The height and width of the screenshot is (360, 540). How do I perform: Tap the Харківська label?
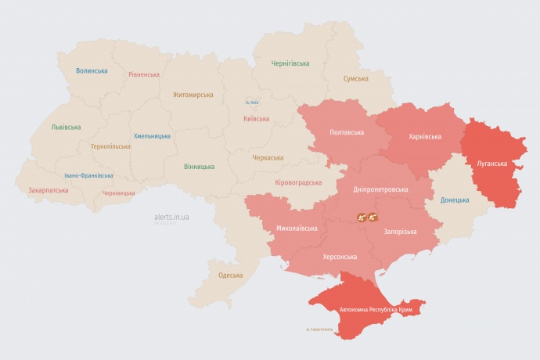click(425, 136)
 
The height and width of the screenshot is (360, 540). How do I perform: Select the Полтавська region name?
click(346, 132)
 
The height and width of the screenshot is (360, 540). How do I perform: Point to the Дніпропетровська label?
click(381, 189)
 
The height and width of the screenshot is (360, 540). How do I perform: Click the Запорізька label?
click(400, 232)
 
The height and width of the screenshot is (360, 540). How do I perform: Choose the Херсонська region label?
click(340, 257)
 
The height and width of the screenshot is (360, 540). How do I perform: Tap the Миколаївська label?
click(297, 229)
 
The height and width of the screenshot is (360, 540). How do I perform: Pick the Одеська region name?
click(230, 275)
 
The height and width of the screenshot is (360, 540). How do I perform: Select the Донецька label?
click(455, 200)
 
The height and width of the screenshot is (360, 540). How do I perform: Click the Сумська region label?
click(356, 78)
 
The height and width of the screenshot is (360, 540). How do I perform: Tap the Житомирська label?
click(193, 95)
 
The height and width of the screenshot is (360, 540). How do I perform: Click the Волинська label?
click(92, 70)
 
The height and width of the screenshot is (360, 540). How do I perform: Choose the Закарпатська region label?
click(48, 189)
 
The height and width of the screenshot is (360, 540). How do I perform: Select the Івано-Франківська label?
click(88, 175)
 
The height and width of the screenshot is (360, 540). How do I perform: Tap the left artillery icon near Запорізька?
click(362, 217)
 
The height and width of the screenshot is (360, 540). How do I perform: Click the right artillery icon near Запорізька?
click(373, 217)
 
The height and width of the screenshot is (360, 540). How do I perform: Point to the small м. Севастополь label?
click(319, 329)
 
